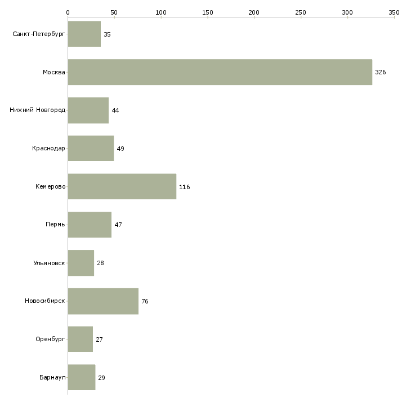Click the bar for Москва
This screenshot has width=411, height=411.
click(x=220, y=72)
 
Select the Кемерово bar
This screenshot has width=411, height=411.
click(x=122, y=186)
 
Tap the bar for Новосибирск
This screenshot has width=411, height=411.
click(x=103, y=301)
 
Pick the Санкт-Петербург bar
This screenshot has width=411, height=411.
click(x=84, y=34)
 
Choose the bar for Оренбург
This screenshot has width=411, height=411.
click(x=81, y=339)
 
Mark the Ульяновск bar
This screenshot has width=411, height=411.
click(x=81, y=263)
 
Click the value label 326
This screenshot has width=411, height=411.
click(x=381, y=72)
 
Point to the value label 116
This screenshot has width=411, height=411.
click(x=185, y=187)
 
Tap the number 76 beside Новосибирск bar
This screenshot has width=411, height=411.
click(x=145, y=301)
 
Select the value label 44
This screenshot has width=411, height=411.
click(x=115, y=110)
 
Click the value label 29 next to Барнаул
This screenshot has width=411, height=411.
click(x=101, y=378)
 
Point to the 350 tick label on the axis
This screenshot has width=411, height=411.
click(x=394, y=12)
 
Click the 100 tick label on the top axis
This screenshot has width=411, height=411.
click(x=161, y=12)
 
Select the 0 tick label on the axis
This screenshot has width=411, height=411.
click(x=68, y=12)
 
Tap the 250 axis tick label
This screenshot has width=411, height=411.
click(x=301, y=12)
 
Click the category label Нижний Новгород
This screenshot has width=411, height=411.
click(x=38, y=110)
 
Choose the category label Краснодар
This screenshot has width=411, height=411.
click(x=48, y=149)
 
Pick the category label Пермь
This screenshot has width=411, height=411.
click(x=55, y=225)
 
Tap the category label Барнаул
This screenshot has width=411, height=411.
click(x=52, y=377)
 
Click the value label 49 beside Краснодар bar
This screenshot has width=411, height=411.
click(x=120, y=149)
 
